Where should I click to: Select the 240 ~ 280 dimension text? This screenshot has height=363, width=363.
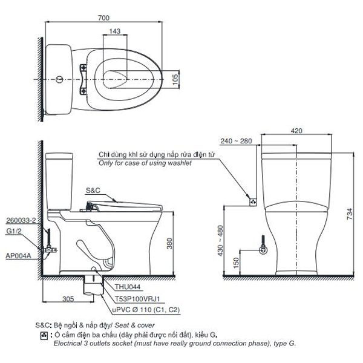point(237,141)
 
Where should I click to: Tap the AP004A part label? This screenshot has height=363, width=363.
point(19,255)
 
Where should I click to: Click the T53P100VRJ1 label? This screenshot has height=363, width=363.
point(128,299)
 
